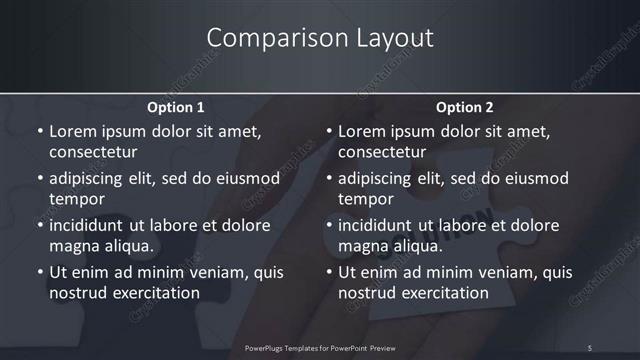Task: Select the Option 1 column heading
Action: pyautogui.click(x=176, y=107)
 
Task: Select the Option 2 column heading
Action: pyautogui.click(x=465, y=107)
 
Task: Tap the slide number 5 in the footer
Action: pyautogui.click(x=590, y=347)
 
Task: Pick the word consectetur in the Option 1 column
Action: pyautogui.click(x=93, y=152)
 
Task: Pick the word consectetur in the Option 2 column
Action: pyautogui.click(x=382, y=152)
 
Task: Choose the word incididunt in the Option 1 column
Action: pyautogui.click(x=88, y=225)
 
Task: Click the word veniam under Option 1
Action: pyautogui.click(x=203, y=272)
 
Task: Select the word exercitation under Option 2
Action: pyautogui.click(x=441, y=293)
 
